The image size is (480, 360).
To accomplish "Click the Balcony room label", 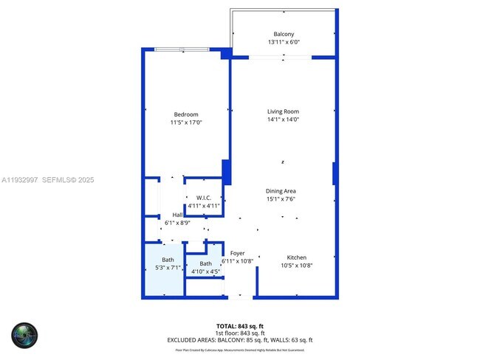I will pos(284,35).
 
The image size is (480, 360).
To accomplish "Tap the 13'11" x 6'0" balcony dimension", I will pos(284,43).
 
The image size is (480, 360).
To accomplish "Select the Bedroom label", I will pos(186,114).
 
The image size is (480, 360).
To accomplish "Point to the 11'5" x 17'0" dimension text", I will pos(186,122).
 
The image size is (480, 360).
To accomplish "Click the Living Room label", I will pos(284,111).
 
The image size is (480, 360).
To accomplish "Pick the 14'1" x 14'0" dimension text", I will pos(284,120).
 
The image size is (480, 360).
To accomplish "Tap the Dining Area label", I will pos(281,190).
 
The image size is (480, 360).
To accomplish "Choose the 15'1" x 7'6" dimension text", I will pos(281,198).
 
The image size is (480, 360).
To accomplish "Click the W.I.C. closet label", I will pos(204,197).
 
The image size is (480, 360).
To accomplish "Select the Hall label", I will pos(178,215).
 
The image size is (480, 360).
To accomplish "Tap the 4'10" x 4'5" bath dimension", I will pos(205,271).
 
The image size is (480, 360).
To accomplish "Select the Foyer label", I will pos(237,253).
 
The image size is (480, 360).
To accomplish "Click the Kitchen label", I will pos(297,257).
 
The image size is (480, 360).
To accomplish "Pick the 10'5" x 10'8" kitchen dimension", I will pos(297,266).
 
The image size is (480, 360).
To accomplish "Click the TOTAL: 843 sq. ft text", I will pos(239,325).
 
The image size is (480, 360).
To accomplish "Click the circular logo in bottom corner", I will pos(24,336).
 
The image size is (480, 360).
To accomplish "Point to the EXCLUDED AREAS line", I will pos(239,340).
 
